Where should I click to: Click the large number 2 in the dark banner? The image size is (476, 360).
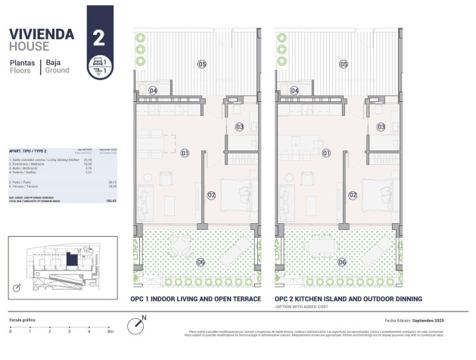pos(98,37)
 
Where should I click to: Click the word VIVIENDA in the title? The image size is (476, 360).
pos(42,34)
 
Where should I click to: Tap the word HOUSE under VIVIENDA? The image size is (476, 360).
pos(30,46)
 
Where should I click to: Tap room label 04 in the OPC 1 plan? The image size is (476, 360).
pos(154,91)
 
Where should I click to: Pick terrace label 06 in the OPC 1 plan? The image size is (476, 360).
pos(201,262)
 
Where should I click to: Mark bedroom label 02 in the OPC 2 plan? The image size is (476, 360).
pos(353,194)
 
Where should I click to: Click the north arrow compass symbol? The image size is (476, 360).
pos(135,324)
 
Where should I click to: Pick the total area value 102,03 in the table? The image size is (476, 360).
pos(111,201)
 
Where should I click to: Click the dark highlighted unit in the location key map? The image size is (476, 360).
pos(71,261)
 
